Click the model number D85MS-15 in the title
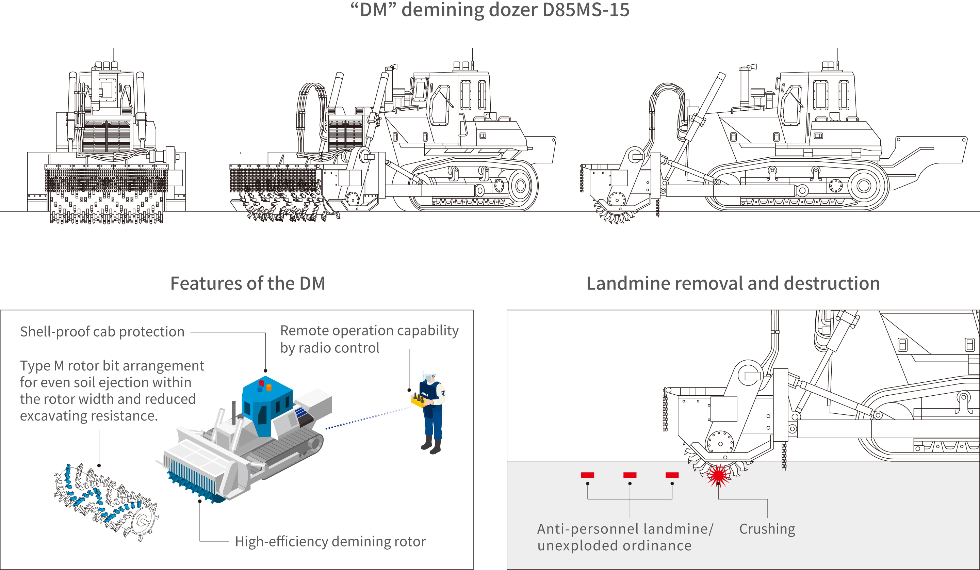click(x=585, y=10)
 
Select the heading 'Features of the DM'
click(x=248, y=283)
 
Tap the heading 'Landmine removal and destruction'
click(x=733, y=283)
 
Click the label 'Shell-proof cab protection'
click(x=102, y=332)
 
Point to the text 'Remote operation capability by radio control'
click(x=369, y=339)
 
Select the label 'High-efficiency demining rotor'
click(x=330, y=541)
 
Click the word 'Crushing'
click(x=767, y=529)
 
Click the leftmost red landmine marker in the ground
click(x=587, y=475)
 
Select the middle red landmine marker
click(x=630, y=475)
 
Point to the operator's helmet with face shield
click(x=428, y=377)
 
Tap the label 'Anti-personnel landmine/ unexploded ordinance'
click(x=625, y=537)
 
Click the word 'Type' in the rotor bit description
click(x=35, y=366)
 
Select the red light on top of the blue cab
click(x=261, y=384)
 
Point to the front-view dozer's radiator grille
click(x=107, y=136)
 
